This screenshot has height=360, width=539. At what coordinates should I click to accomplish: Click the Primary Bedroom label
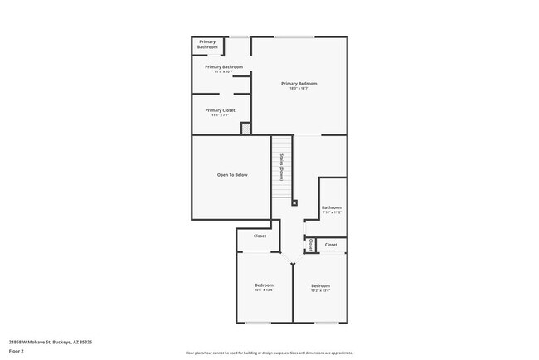[299, 85]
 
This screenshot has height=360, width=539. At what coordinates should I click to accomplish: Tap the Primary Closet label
[220, 112]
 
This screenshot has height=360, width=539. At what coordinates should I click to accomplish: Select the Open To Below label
[232, 175]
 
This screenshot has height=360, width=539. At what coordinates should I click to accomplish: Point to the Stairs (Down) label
[282, 168]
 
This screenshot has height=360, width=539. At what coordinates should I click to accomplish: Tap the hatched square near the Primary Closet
[245, 128]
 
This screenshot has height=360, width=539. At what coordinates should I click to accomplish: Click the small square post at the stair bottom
[294, 201]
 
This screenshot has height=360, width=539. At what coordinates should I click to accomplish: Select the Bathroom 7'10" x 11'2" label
[332, 209]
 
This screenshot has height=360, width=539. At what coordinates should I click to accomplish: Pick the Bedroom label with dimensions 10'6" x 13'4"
[264, 287]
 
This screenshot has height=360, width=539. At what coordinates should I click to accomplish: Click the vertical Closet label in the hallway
[310, 246]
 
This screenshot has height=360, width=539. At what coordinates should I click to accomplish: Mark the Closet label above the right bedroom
[331, 245]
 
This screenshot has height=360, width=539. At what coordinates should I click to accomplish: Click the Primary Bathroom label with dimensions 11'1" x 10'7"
[224, 69]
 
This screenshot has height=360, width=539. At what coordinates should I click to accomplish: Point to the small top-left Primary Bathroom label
[207, 45]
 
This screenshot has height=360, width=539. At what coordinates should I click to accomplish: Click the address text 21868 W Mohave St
[51, 342]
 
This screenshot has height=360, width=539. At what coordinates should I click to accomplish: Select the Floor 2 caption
[17, 351]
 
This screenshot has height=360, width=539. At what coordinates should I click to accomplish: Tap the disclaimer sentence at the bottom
[269, 352]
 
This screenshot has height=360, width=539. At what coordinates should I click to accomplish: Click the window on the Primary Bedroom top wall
[294, 36]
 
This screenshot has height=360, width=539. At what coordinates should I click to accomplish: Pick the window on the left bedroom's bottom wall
[258, 323]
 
